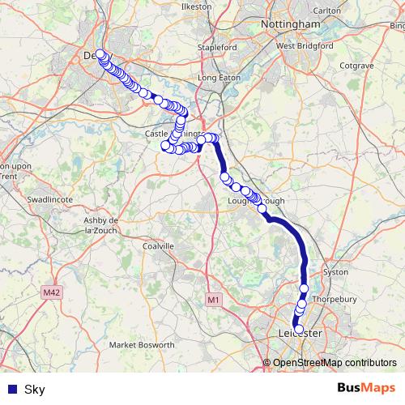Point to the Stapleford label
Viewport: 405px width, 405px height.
click(219, 47)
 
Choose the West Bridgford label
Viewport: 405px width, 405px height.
click(305, 46)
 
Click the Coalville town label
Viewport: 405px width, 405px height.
click(158, 245)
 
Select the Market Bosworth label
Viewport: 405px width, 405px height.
click(143, 345)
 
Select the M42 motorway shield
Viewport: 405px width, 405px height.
click(53, 291)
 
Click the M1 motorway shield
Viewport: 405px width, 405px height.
click(213, 300)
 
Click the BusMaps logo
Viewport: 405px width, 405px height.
click(366, 389)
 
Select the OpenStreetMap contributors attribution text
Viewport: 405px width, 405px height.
click(334, 363)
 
